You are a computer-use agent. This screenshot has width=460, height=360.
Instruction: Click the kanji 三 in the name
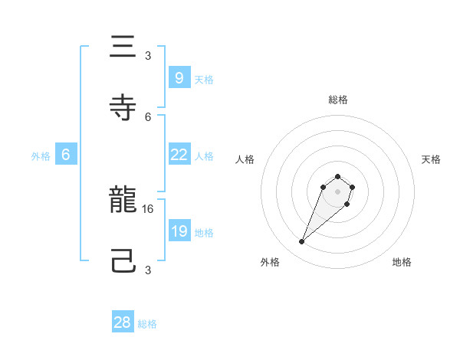tap(122, 47)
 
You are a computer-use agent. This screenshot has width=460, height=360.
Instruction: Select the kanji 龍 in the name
tap(122, 201)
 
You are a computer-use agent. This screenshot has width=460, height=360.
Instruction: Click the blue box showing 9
tap(179, 77)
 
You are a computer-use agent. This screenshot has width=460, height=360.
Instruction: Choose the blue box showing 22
tap(179, 154)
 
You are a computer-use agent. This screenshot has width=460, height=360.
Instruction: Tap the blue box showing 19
tap(179, 231)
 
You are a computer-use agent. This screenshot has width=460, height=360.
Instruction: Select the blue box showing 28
tap(123, 322)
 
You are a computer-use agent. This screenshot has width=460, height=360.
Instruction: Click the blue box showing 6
tap(66, 154)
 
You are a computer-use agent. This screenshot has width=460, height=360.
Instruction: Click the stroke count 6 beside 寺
tap(148, 116)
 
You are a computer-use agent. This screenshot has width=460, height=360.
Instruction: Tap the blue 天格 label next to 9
tap(204, 79)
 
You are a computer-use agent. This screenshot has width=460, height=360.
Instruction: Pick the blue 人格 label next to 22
tap(204, 155)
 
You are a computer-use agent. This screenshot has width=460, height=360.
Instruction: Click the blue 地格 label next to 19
tap(204, 232)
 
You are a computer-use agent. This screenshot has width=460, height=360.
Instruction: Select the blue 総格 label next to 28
tap(147, 324)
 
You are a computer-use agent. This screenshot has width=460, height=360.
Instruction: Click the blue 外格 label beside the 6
tap(41, 155)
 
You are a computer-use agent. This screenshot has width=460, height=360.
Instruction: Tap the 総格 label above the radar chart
tap(338, 100)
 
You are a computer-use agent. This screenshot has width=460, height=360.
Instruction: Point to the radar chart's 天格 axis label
tap(431, 159)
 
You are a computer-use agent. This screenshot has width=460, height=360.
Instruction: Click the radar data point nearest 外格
tap(302, 242)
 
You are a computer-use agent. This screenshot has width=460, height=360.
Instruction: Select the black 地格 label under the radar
tap(402, 262)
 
